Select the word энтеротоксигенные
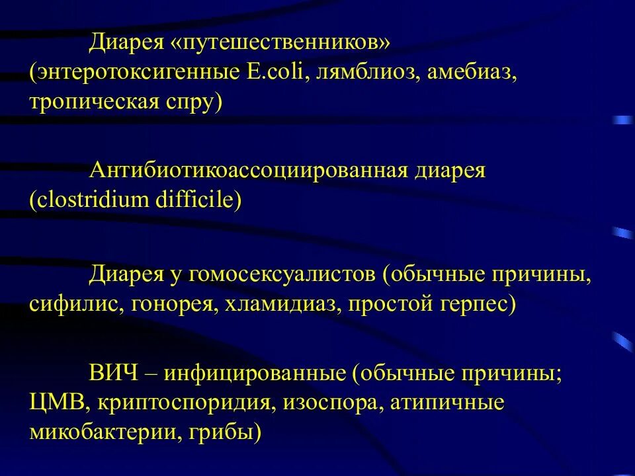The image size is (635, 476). tap(133, 73)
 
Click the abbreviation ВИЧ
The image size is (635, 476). tap(114, 374)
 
